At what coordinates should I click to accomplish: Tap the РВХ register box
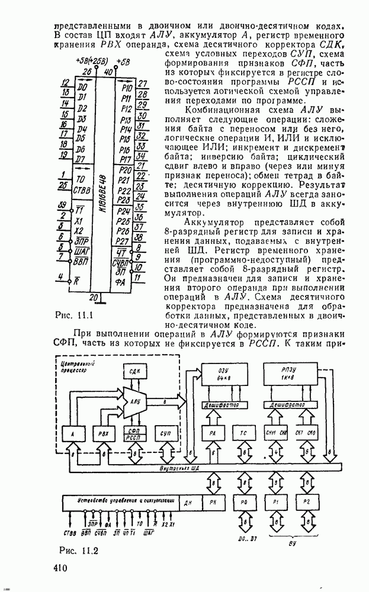point(104,434)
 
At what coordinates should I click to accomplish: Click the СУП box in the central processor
point(165,434)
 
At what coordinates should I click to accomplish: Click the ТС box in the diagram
point(243,434)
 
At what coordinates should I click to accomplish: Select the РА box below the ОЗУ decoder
point(213,434)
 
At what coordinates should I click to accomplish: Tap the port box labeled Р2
point(306,501)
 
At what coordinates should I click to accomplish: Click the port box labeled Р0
point(243,501)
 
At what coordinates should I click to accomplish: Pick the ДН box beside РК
point(189,501)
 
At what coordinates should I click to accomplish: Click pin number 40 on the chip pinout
point(108,72)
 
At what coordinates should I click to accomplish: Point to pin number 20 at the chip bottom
point(92,295)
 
